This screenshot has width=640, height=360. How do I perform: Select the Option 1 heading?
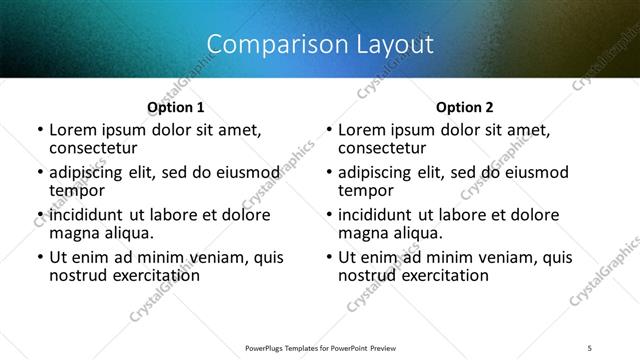pyautogui.click(x=175, y=107)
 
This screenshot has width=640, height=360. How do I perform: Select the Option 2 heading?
pyautogui.click(x=465, y=107)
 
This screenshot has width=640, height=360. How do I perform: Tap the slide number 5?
pyautogui.click(x=590, y=348)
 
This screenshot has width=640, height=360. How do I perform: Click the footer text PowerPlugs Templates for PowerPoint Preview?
pyautogui.click(x=320, y=348)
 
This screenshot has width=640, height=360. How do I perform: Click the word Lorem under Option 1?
pyautogui.click(x=72, y=130)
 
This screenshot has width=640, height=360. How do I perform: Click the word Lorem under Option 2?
pyautogui.click(x=362, y=130)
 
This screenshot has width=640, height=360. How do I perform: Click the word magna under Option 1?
pyautogui.click(x=73, y=233)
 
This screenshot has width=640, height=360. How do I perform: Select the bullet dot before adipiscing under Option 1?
pyautogui.click(x=40, y=173)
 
